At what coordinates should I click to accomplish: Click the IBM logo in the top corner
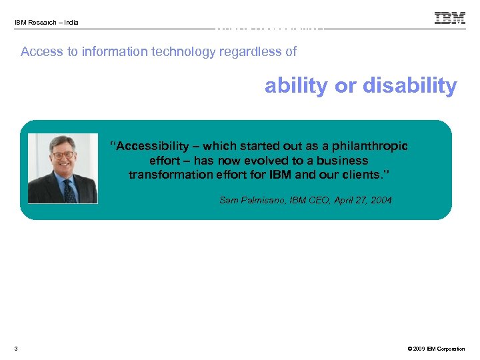click(450, 18)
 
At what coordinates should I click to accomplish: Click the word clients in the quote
click(366, 175)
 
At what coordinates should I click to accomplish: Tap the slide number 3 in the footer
click(15, 349)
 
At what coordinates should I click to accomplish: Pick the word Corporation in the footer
click(452, 349)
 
